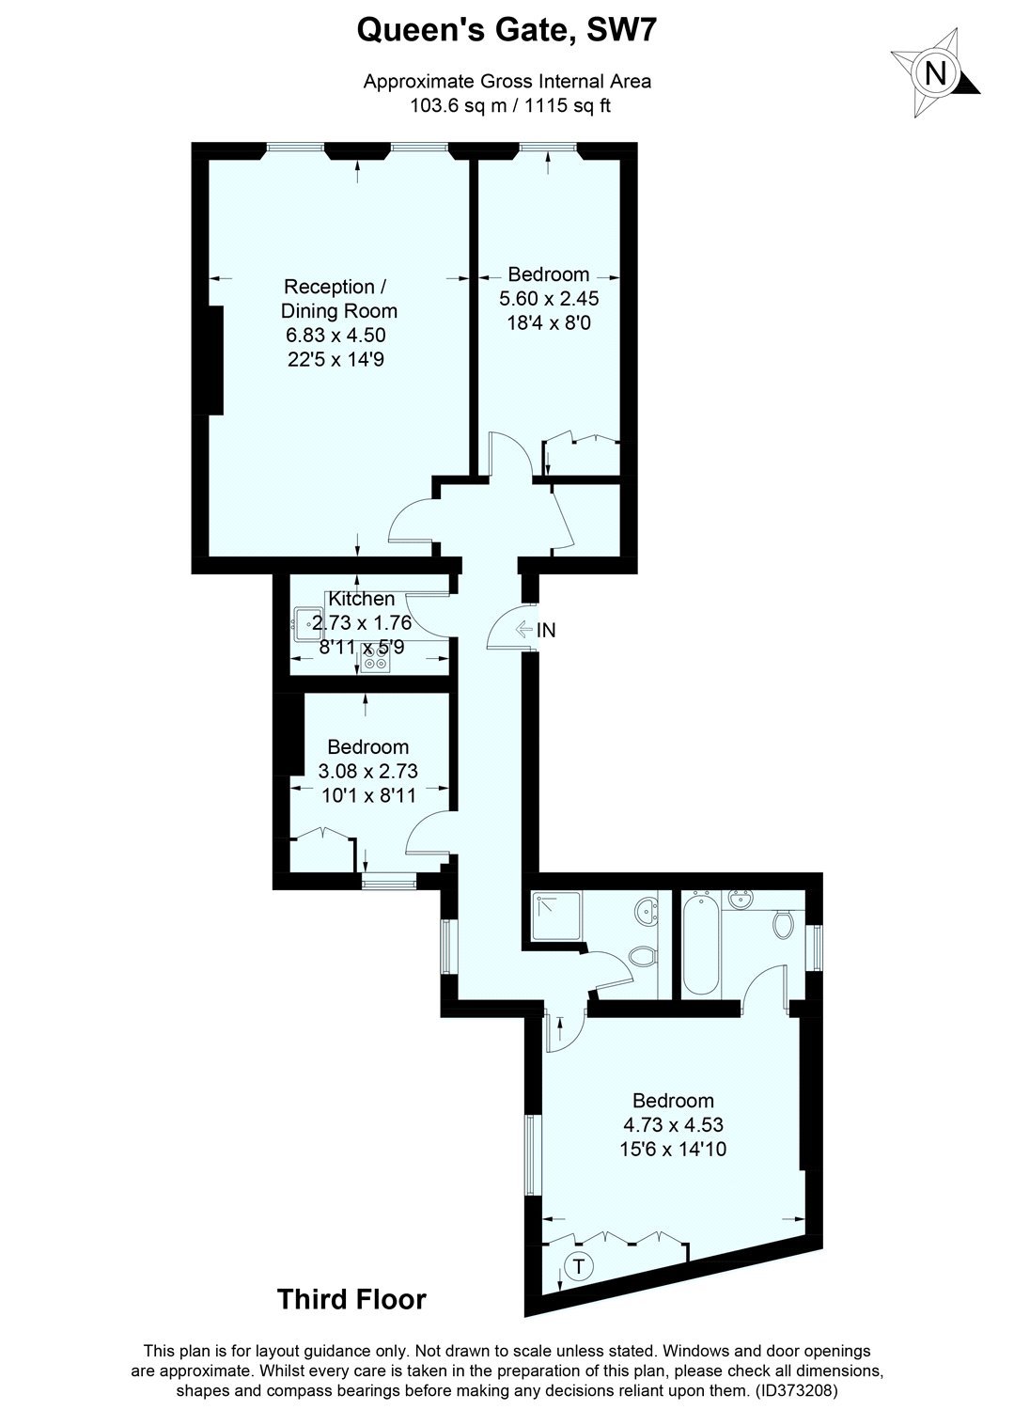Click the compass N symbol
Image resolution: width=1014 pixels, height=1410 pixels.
point(936,73)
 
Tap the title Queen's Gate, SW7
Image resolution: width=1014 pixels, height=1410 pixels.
point(506,30)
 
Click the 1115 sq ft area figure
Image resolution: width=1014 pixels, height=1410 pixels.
point(568,105)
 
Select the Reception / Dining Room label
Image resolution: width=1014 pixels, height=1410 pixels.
point(338,298)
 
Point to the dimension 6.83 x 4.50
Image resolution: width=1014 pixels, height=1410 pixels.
point(335,335)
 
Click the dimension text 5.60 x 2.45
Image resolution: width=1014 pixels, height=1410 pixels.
point(548,298)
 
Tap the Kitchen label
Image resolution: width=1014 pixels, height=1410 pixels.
point(361,598)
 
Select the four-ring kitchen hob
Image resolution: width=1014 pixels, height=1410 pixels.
point(375,658)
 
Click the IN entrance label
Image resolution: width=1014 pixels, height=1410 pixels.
point(546,630)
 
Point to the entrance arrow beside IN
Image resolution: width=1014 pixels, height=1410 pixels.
point(523,629)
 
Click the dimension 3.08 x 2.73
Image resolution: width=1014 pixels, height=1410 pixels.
point(368,771)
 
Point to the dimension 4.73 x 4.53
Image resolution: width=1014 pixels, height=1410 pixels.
point(673,1124)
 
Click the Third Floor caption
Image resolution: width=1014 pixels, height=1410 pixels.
point(351,1299)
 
